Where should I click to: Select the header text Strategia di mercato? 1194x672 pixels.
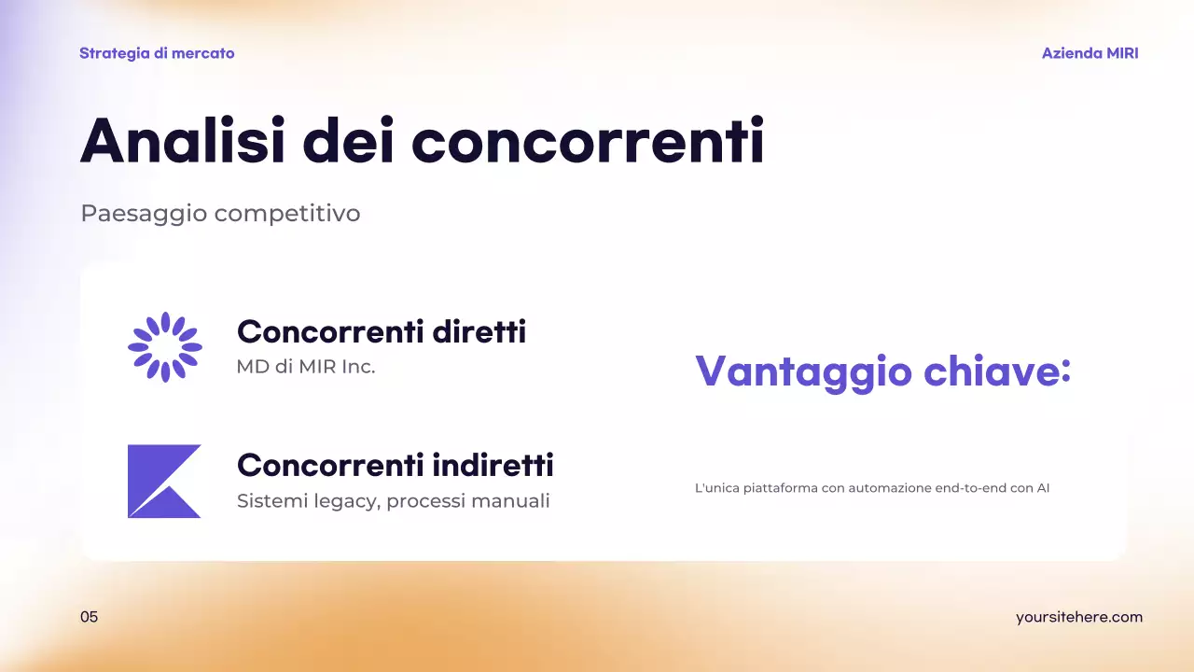click(x=157, y=53)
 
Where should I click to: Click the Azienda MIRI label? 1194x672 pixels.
click(x=1090, y=53)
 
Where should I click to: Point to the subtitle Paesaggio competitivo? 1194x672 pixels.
click(x=220, y=214)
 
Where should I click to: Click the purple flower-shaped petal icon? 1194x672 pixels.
click(x=165, y=347)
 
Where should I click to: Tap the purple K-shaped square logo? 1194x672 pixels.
click(x=164, y=481)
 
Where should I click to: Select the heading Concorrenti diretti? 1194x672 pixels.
click(x=382, y=331)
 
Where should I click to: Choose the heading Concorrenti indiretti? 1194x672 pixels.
click(x=396, y=464)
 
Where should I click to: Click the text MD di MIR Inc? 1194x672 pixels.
click(x=306, y=367)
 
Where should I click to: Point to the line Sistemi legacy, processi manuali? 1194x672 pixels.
click(x=394, y=501)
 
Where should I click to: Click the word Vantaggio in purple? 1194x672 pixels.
click(x=803, y=371)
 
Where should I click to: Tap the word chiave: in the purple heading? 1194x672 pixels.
click(x=997, y=371)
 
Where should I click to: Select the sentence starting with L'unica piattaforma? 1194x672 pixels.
click(x=872, y=487)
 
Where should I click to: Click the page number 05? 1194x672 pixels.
click(x=89, y=617)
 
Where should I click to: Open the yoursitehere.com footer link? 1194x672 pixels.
click(x=1078, y=617)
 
